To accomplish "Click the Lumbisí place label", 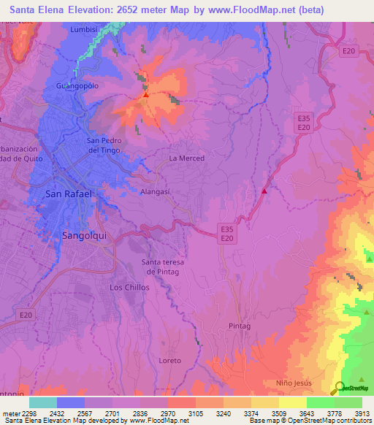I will pos(84,29).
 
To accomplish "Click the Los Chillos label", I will pos(129,287).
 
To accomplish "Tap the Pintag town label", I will pos(240,325).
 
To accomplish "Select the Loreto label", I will pos(169,361).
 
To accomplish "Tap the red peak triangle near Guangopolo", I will pos(146,94).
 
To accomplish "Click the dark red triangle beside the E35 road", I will pos(264,191).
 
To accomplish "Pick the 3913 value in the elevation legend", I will pos(361,413).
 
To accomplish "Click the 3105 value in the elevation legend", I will pos(195,413).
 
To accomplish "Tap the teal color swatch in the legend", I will pos(43,402).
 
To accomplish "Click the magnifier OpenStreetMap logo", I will pos(340,388).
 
